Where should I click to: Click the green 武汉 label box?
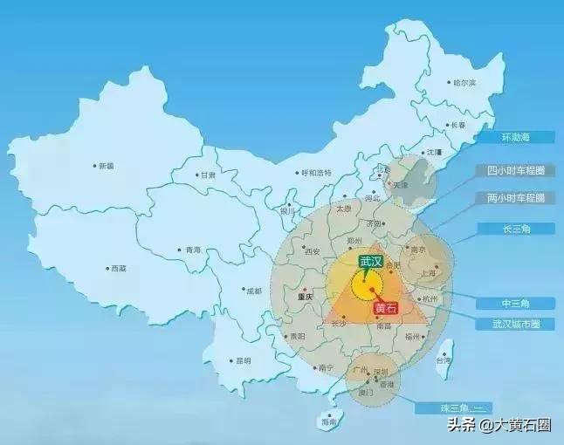click(370, 261)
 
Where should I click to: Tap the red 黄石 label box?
click(385, 308)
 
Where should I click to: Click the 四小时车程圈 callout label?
click(515, 170)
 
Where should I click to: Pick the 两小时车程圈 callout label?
click(515, 198)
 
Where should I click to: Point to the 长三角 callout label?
click(515, 229)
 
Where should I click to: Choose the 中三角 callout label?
click(515, 303)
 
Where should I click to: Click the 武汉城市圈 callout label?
click(515, 323)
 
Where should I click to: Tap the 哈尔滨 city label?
click(464, 83)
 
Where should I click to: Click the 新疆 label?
click(106, 166)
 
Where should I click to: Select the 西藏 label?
click(118, 269)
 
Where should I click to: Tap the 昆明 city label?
click(242, 360)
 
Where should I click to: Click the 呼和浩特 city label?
click(316, 173)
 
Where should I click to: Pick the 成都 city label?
click(253, 291)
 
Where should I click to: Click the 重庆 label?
click(305, 297)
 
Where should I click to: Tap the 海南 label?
click(328, 421)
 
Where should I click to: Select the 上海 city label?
click(429, 272)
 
